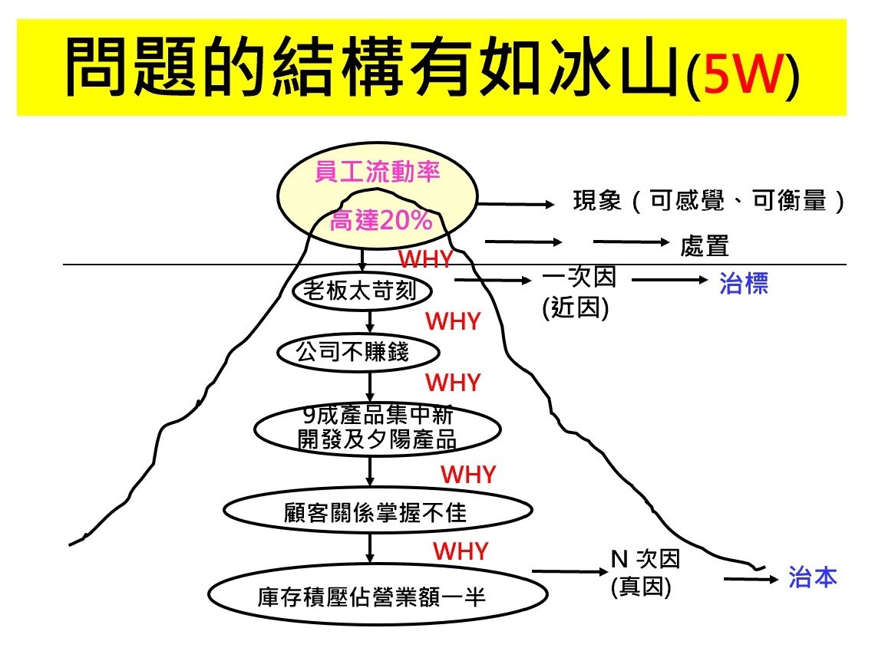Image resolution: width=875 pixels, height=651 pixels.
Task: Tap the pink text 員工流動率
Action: point(378,172)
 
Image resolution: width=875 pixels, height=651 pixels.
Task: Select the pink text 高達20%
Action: point(381,220)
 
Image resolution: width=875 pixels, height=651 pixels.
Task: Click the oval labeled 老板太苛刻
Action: point(362,291)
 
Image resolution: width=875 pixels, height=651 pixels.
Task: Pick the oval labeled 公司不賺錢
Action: point(358,352)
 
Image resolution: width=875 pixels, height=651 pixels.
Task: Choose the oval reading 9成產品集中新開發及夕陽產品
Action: point(377,429)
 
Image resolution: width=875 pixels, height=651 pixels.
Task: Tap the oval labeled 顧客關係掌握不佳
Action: point(378,510)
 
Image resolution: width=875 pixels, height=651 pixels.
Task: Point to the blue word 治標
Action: point(743,283)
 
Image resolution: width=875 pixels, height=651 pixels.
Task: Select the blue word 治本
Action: point(813,577)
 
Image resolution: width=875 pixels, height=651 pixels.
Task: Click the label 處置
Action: point(705,246)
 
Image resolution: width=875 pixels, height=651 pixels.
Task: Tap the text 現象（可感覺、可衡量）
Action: point(708,201)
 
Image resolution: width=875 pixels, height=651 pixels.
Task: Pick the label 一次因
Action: point(579,277)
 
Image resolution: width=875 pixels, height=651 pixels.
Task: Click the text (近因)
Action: point(576,307)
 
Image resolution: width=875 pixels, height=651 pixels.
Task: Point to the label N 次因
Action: point(646,558)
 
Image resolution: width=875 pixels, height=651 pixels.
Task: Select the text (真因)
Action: point(641,587)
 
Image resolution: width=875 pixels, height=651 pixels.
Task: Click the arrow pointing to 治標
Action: point(669,280)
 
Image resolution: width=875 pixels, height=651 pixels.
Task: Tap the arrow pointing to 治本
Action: point(751,580)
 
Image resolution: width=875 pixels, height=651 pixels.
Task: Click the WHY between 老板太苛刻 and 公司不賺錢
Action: point(453,321)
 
